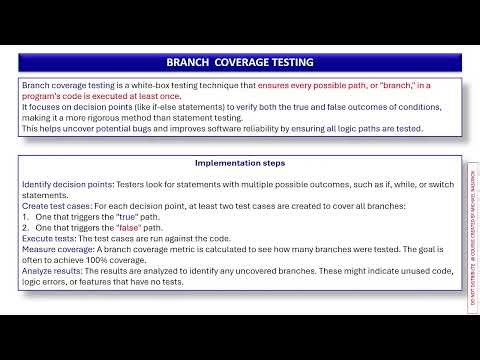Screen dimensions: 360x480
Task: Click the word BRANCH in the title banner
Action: (x=190, y=62)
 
